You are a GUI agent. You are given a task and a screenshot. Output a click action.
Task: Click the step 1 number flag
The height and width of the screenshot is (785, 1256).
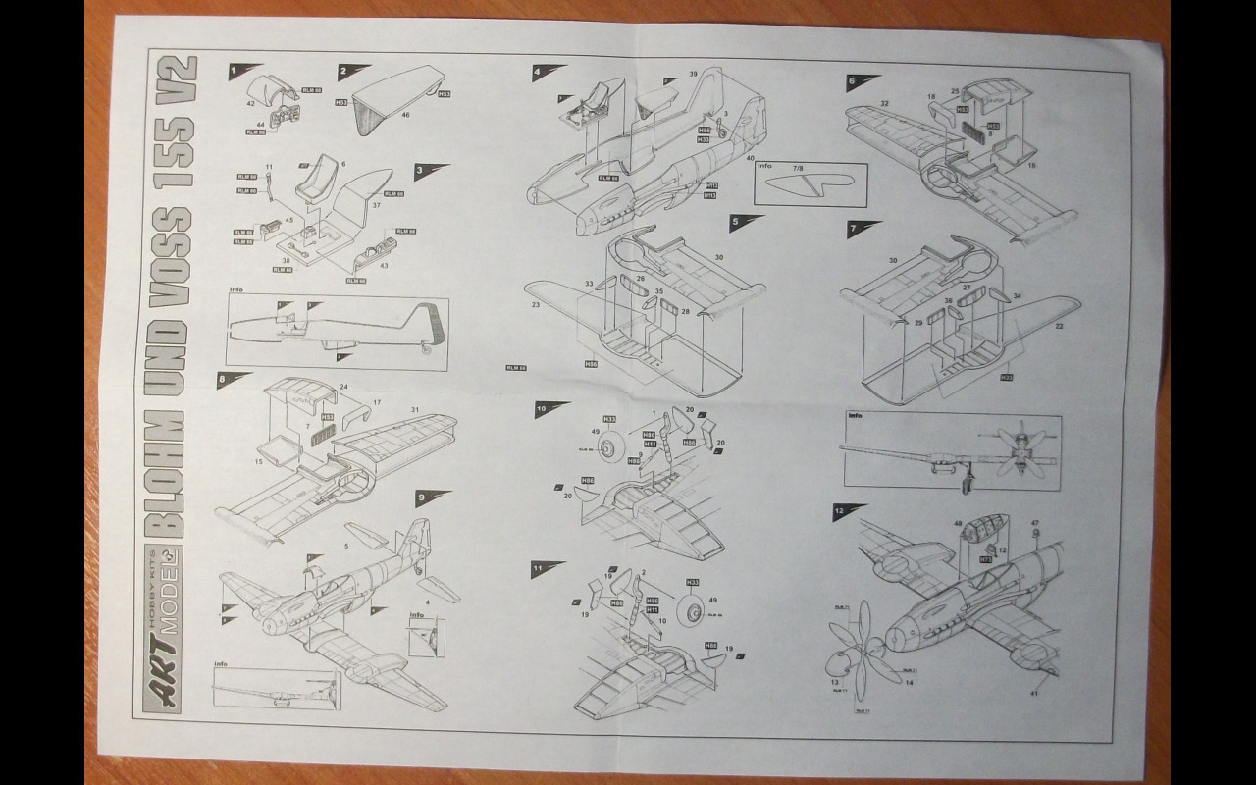click(234, 71)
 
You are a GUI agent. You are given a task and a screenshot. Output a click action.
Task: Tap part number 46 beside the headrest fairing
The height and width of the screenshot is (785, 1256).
click(404, 115)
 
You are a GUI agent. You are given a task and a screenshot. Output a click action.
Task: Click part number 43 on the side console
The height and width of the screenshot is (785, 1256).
click(384, 267)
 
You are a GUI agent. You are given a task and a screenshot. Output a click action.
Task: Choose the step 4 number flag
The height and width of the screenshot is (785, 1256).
click(538, 73)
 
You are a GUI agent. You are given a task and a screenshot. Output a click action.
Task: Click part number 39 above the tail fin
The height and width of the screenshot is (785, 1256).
click(693, 75)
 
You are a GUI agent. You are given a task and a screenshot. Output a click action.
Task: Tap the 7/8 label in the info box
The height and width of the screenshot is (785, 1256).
click(799, 168)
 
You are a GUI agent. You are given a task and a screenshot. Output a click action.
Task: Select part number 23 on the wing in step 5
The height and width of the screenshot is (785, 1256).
click(537, 305)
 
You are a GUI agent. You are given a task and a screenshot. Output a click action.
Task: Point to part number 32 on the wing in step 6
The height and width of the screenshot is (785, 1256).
click(884, 103)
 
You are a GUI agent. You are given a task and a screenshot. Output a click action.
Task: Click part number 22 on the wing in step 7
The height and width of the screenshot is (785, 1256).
click(1059, 326)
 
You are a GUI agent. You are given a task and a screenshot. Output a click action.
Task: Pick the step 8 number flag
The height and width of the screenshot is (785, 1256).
click(223, 378)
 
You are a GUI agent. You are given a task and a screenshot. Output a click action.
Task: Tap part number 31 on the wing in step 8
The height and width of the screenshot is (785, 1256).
click(415, 409)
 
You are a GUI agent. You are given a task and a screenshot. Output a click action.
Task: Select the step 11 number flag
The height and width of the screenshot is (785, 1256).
click(538, 568)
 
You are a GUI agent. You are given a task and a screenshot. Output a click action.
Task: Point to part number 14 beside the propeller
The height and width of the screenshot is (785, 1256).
click(910, 682)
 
